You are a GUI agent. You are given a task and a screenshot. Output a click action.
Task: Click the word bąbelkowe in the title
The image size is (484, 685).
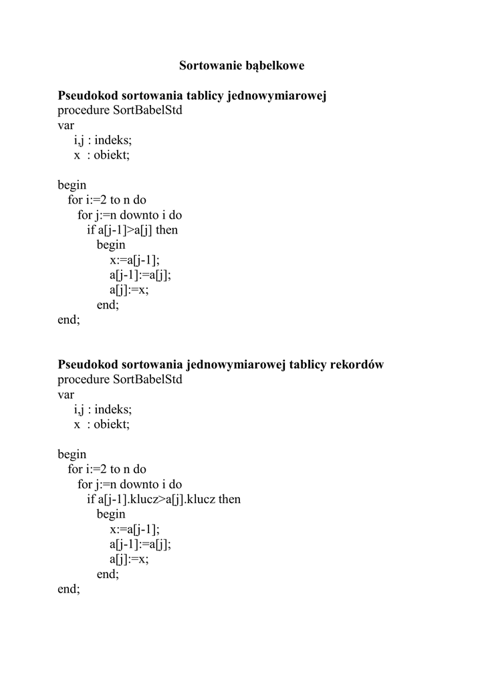point(275,66)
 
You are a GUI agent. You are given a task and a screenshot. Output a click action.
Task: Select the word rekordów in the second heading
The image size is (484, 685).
point(357,365)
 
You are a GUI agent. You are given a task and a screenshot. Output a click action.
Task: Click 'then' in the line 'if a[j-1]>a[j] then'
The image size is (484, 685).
point(166,230)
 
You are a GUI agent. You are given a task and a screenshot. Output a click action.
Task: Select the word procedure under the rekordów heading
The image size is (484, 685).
point(84,380)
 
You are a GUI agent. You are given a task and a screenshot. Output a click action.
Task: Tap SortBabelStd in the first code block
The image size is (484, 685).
point(148,110)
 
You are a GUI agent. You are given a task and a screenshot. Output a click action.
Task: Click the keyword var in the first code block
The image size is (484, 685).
point(66,125)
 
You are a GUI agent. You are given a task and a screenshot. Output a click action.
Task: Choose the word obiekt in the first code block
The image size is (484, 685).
point(111,155)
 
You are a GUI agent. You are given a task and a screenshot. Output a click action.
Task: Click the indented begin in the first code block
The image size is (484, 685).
point(111,245)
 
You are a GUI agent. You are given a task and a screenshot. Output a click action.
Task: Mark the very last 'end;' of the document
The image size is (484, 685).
point(68,589)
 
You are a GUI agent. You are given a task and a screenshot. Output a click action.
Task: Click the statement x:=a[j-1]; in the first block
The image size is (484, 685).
point(135,260)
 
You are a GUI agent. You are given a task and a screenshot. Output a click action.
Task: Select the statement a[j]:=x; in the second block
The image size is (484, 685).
point(129,559)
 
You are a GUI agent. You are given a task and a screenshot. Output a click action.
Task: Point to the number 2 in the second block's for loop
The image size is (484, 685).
point(103,470)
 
